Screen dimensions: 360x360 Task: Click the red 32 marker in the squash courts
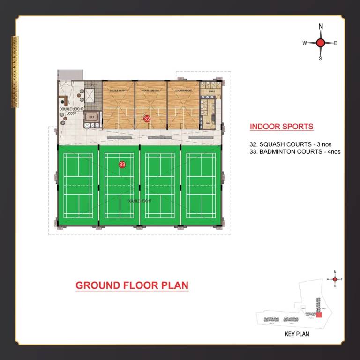tap(147, 119)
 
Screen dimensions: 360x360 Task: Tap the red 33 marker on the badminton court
tap(122, 165)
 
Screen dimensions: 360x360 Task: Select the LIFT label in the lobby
tap(91, 117)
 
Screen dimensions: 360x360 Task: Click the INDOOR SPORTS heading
tap(281, 127)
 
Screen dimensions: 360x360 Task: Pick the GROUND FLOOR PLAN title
tap(132, 285)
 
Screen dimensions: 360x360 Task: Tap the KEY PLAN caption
tap(297, 335)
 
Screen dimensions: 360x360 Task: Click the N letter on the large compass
tap(321, 27)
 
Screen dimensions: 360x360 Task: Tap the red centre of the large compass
tap(321, 43)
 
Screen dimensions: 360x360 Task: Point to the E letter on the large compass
tap(336, 43)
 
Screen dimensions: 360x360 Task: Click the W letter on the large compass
tap(305, 43)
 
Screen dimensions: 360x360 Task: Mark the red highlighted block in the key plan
tap(319, 315)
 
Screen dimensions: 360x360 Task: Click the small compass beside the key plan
tap(335, 279)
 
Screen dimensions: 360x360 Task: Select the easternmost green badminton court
tap(201, 185)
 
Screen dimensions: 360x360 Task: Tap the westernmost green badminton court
tap(78, 185)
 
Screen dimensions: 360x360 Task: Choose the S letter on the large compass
tap(321, 59)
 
